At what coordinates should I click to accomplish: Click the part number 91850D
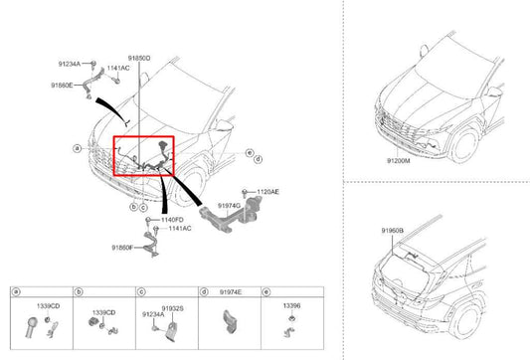139,58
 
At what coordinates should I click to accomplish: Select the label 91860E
62,86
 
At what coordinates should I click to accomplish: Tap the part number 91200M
399,161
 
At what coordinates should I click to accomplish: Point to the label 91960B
393,231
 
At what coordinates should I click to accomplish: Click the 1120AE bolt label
268,192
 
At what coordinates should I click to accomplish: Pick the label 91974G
229,206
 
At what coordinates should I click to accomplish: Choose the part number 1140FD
172,220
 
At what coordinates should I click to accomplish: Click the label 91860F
122,248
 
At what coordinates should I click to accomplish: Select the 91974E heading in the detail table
231,292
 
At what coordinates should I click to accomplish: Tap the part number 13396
291,305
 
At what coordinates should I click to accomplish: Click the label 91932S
172,308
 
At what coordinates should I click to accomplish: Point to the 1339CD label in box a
49,306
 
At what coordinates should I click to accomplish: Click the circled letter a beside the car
78,148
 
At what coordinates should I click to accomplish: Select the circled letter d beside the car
259,159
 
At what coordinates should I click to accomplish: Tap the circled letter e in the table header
266,291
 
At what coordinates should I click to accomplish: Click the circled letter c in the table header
141,291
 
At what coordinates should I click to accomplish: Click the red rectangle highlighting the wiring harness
113,156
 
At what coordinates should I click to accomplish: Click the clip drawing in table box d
230,321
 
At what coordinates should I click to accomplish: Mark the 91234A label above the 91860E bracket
70,64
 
